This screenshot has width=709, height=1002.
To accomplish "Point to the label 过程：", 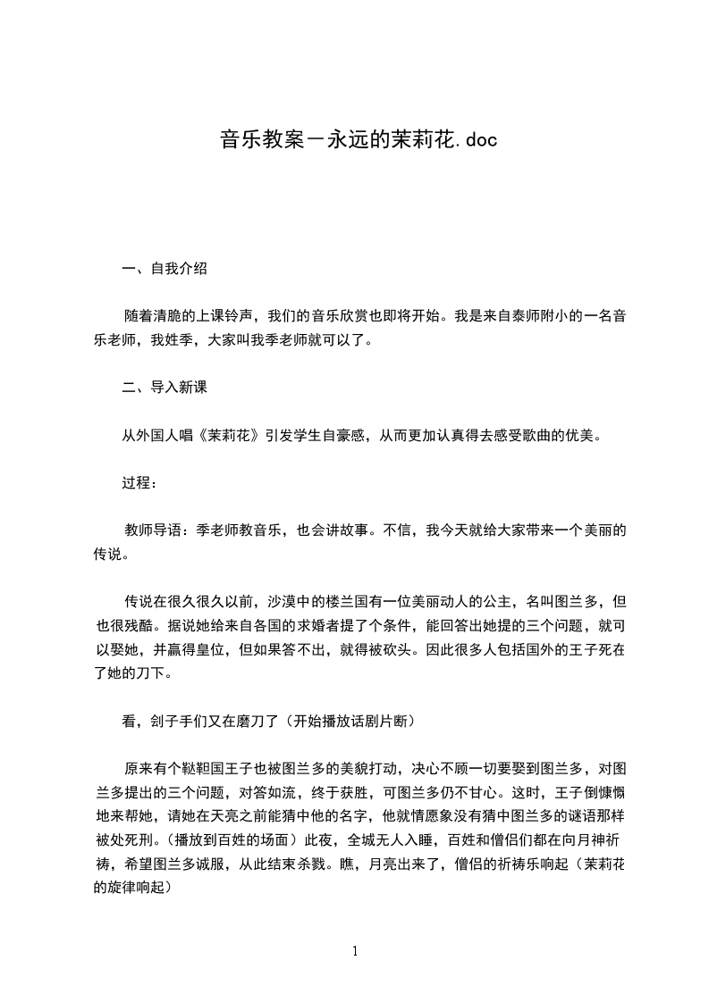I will (139, 483).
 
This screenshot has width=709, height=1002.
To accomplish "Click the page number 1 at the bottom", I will (355, 951).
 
